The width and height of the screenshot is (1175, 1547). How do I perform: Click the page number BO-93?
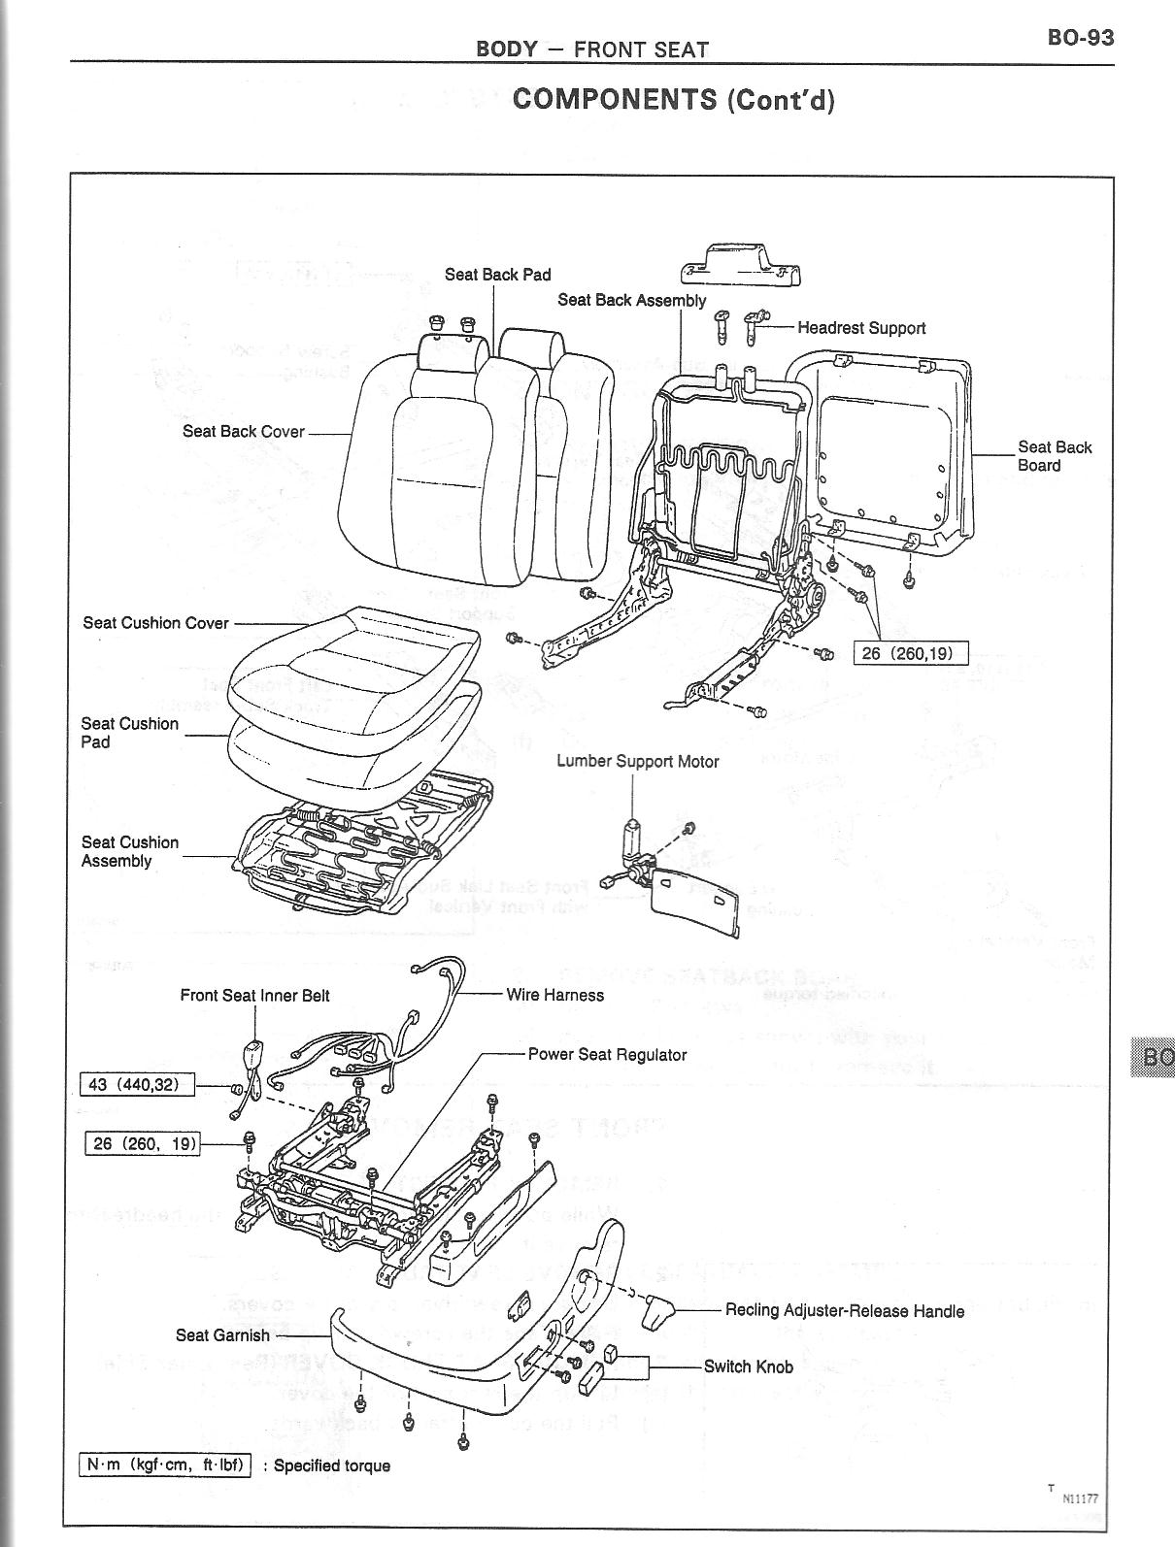(x=1080, y=38)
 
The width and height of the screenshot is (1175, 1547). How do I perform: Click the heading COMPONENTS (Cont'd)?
(x=673, y=99)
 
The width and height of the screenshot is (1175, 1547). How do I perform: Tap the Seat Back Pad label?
(x=497, y=275)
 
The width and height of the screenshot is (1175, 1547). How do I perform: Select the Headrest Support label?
(x=861, y=328)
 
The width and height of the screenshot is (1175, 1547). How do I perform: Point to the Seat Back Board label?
(x=1055, y=456)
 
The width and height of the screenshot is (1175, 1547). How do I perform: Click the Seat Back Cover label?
(x=243, y=432)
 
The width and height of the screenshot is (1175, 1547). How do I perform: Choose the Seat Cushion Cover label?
(x=155, y=623)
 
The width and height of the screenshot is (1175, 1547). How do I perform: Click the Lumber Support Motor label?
(x=637, y=762)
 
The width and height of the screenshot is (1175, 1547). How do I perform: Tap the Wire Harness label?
(x=554, y=995)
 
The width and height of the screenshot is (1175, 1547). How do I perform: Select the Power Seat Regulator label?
(x=607, y=1055)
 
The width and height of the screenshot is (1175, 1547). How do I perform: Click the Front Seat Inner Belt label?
(x=254, y=996)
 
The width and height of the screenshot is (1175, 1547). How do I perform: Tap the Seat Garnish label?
(x=222, y=1335)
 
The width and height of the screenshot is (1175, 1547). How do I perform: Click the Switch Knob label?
(x=748, y=1367)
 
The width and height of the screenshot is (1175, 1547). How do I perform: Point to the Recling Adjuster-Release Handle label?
(x=845, y=1311)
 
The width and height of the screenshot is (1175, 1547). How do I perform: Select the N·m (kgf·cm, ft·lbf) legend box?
(x=164, y=1465)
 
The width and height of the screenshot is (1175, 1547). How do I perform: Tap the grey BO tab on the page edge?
(x=1154, y=1057)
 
